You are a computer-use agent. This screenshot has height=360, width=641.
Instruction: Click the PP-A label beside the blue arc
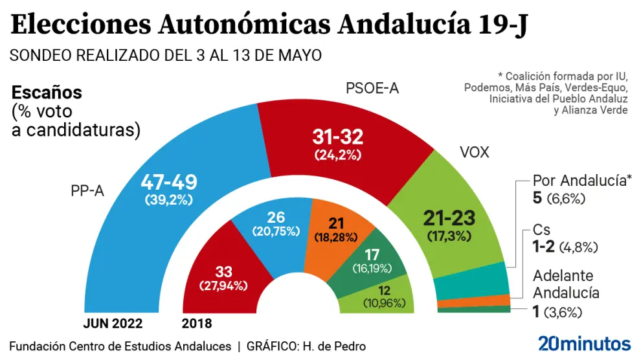coord(87,191)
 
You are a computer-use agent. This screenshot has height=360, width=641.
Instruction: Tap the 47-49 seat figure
coord(168,183)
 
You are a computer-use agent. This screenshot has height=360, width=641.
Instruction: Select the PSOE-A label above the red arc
coord(371,89)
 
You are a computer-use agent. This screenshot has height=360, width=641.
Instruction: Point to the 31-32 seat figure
coord(337,137)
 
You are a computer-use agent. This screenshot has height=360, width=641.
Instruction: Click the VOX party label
coord(474,153)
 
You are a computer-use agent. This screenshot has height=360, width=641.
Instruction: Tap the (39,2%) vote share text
coord(168,200)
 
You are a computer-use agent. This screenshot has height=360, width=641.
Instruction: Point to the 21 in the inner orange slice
coord(335,223)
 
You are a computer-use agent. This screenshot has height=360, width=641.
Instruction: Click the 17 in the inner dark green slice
coord(372,254)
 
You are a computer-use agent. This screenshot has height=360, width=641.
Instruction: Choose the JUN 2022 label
coord(113,323)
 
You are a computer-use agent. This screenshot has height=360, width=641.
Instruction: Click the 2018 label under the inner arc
coord(197,323)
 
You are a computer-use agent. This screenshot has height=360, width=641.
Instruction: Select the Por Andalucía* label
coord(581,181)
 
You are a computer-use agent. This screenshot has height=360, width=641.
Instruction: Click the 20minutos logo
coord(584,343)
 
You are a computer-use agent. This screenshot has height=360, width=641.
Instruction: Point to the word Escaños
coord(47,93)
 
